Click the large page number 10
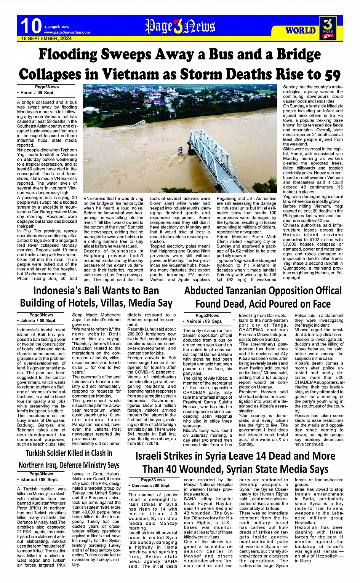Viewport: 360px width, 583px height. [x=30, y=26]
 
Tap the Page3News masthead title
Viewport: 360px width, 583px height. [x=180, y=26]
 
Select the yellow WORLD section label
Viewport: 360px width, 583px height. [x=301, y=30]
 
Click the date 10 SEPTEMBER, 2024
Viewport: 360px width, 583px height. [x=46, y=38]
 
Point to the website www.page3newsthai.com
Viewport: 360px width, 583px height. [x=67, y=32]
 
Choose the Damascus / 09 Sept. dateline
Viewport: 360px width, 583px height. [x=151, y=486]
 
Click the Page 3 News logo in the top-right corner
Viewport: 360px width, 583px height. [x=328, y=28]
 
